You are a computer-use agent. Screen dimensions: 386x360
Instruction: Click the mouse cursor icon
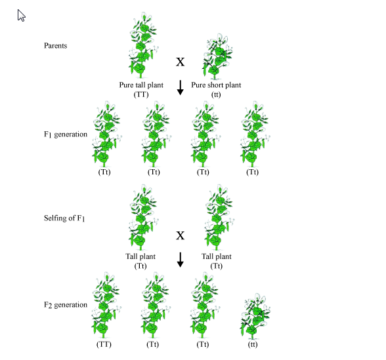(21, 15)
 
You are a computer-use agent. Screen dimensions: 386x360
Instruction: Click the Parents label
(55, 46)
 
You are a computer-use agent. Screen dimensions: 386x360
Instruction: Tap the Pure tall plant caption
(141, 85)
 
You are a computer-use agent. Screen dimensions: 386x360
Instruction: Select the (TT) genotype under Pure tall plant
(141, 94)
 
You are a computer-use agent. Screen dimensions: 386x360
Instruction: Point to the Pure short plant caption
(216, 85)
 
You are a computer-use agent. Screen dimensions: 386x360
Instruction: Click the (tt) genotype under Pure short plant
(216, 94)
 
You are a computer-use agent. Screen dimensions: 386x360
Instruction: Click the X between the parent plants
(180, 62)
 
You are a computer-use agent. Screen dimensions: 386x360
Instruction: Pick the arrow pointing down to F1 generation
(180, 87)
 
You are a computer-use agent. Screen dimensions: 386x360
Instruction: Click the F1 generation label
(66, 134)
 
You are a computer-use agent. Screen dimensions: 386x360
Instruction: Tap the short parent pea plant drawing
(217, 57)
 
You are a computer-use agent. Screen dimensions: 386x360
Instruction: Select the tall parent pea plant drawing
(143, 45)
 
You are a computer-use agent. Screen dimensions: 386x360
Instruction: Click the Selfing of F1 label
(64, 218)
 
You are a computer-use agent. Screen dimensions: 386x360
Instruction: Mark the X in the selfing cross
(180, 235)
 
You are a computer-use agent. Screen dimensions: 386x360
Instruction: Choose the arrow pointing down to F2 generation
(180, 260)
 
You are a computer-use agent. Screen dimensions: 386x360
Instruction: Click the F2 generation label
(66, 305)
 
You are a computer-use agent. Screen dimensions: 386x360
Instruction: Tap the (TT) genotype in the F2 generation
(104, 344)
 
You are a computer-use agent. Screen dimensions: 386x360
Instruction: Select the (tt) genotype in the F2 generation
(253, 344)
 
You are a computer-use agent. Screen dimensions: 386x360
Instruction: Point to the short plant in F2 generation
(255, 317)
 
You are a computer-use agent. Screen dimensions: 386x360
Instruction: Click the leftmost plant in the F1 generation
(106, 134)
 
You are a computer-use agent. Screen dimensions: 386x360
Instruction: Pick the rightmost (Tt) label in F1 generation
(252, 172)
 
